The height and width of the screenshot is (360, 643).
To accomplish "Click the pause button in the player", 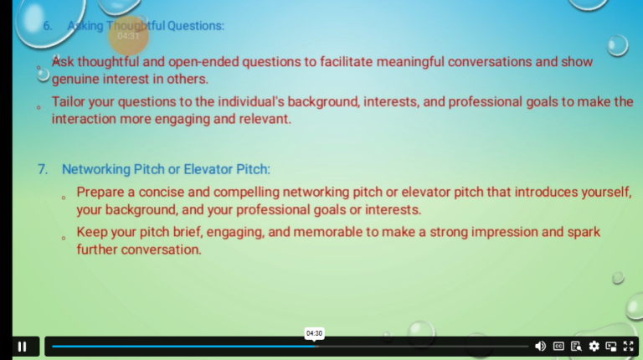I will click(x=22, y=346).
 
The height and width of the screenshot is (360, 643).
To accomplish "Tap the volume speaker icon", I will click(x=540, y=346).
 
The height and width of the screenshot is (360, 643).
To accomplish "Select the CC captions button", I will click(x=558, y=346).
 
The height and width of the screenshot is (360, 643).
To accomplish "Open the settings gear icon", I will click(x=594, y=346).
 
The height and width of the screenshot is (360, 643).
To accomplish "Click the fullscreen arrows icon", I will click(x=628, y=346).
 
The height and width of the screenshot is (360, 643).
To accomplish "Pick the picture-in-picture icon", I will click(x=611, y=346).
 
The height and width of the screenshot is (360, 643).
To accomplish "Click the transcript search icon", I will click(x=576, y=346).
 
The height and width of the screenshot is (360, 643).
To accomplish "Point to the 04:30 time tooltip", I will click(x=314, y=333).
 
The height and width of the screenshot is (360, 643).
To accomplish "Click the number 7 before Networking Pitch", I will click(x=43, y=169).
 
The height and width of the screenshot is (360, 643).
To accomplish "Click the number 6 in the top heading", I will click(x=47, y=25).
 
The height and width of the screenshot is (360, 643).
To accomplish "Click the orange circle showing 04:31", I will click(x=129, y=35).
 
